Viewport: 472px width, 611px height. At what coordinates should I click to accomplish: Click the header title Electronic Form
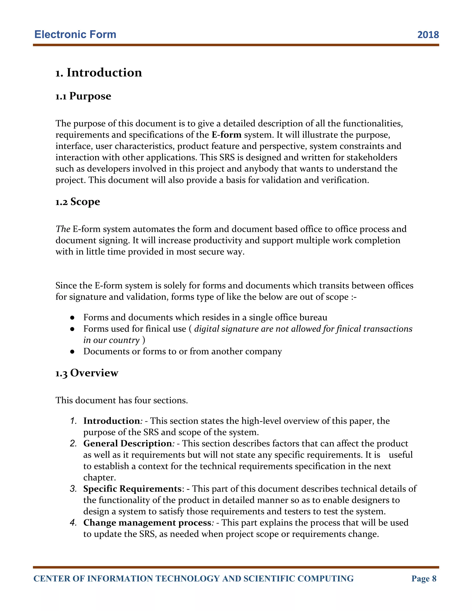click(75, 34)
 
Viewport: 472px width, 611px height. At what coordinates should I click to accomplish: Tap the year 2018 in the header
click(428, 35)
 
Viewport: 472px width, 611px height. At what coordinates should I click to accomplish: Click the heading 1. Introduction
click(98, 73)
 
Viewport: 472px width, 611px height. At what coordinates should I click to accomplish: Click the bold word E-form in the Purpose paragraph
click(226, 135)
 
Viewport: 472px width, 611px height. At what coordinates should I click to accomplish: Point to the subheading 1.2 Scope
click(77, 202)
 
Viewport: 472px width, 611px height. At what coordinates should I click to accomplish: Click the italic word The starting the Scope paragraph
click(63, 229)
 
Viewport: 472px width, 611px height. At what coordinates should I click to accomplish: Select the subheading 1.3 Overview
click(87, 373)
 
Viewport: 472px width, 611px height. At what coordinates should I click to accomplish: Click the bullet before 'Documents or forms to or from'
click(72, 352)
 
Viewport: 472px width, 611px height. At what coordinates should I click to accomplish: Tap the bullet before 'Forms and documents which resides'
click(72, 318)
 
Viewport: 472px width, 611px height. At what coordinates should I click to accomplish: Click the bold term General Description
click(127, 443)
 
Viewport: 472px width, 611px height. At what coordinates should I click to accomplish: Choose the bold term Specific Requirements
click(133, 489)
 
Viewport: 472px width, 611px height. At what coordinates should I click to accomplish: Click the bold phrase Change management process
click(147, 523)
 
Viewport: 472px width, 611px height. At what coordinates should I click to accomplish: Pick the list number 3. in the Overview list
click(73, 489)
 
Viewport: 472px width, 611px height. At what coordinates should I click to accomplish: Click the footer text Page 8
click(424, 578)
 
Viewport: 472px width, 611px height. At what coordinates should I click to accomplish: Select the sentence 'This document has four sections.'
click(122, 400)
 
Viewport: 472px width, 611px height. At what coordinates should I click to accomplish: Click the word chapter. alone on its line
click(100, 478)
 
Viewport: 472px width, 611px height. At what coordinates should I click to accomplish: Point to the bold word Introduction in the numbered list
click(112, 421)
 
